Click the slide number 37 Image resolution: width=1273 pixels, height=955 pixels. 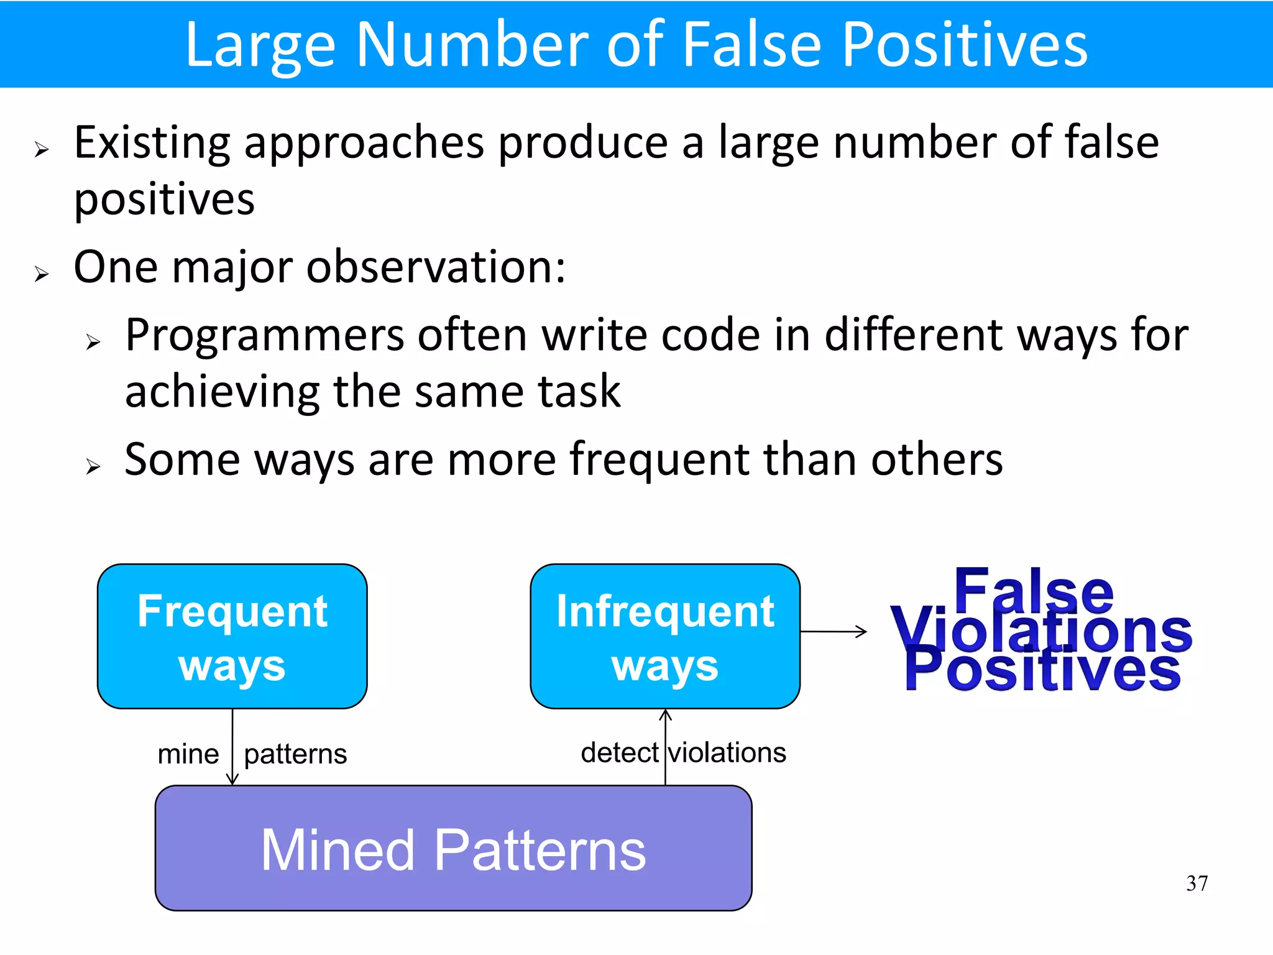click(x=1197, y=883)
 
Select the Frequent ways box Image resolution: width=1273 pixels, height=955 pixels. click(x=232, y=636)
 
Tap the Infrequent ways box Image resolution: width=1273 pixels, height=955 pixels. click(x=664, y=636)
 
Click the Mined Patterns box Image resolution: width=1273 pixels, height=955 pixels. click(x=453, y=849)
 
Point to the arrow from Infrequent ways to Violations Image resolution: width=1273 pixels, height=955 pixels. click(x=834, y=632)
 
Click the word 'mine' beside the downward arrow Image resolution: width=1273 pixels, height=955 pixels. click(x=188, y=754)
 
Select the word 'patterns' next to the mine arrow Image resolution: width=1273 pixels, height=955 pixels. click(x=295, y=755)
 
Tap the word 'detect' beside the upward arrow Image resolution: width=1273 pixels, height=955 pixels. click(x=619, y=753)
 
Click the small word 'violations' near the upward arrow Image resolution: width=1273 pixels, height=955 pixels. click(x=727, y=753)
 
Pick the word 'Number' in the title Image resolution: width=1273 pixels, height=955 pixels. click(x=472, y=45)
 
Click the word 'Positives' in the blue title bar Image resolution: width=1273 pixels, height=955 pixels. click(x=964, y=45)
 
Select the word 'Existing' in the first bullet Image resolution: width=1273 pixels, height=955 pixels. click(x=152, y=143)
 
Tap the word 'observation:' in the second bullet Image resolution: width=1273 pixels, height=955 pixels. click(x=436, y=267)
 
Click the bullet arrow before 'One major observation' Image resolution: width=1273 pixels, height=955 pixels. click(x=41, y=274)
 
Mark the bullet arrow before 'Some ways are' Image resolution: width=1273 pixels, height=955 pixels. click(x=93, y=466)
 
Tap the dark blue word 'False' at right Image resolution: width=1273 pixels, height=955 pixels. click(x=1033, y=591)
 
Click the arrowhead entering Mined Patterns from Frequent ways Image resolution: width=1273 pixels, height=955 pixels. click(x=232, y=780)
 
